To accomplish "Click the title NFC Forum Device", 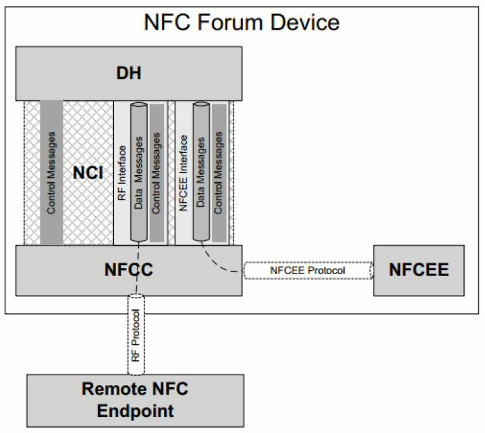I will click(x=242, y=22).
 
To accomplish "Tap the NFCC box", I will click(x=129, y=269).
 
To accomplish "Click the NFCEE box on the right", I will click(x=418, y=270).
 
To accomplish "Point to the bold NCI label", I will click(x=88, y=173).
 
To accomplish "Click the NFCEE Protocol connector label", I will click(x=307, y=271).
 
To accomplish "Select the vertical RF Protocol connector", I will click(x=137, y=334).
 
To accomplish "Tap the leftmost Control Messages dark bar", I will click(x=52, y=172).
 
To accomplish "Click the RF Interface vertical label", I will click(x=122, y=172).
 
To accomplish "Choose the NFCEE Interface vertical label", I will click(x=183, y=172).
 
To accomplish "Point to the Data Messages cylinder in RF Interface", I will click(x=138, y=172).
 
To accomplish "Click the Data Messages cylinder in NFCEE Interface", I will click(x=200, y=172).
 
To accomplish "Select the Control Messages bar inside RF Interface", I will click(x=156, y=172).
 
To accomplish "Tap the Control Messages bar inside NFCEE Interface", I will click(x=219, y=172).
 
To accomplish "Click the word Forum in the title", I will click(x=237, y=22).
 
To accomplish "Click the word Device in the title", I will click(x=306, y=22).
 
